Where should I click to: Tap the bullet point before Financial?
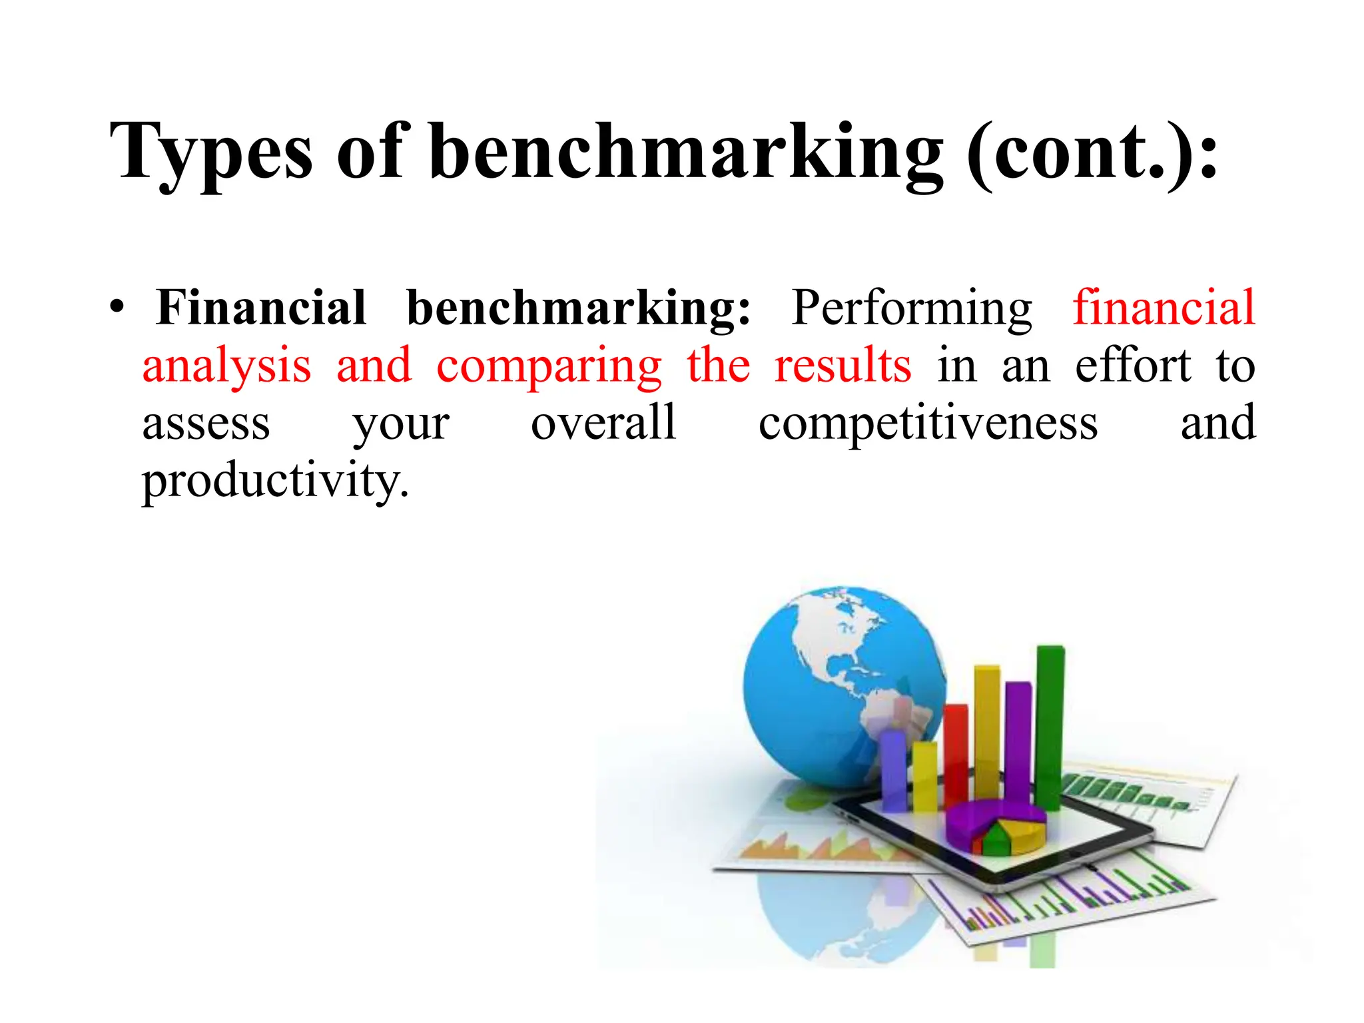[x=117, y=308]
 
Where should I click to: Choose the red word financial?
[x=1164, y=308]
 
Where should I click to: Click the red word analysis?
[x=226, y=366]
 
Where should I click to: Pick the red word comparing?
[x=549, y=366]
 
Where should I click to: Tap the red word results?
[x=843, y=366]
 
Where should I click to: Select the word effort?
[x=1133, y=366]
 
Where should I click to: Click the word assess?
[x=206, y=424]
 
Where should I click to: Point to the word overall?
[x=603, y=424]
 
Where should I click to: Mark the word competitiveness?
[x=928, y=424]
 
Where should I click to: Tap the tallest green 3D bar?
[x=1050, y=726]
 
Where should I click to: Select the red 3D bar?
[x=956, y=753]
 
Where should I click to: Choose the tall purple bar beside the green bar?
[x=1018, y=739]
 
